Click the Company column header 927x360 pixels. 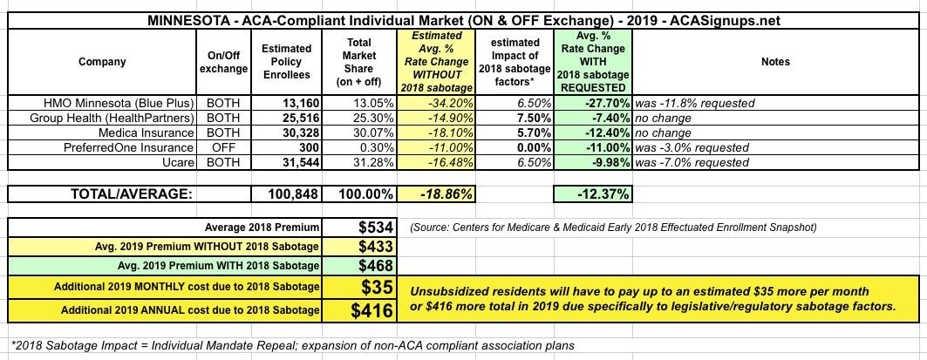pos(101,62)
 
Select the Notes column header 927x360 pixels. pos(774,62)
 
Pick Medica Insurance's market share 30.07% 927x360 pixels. pos(358,132)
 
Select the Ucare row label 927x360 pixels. pos(178,162)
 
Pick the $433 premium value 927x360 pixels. pos(377,247)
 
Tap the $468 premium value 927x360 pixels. pos(377,266)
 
